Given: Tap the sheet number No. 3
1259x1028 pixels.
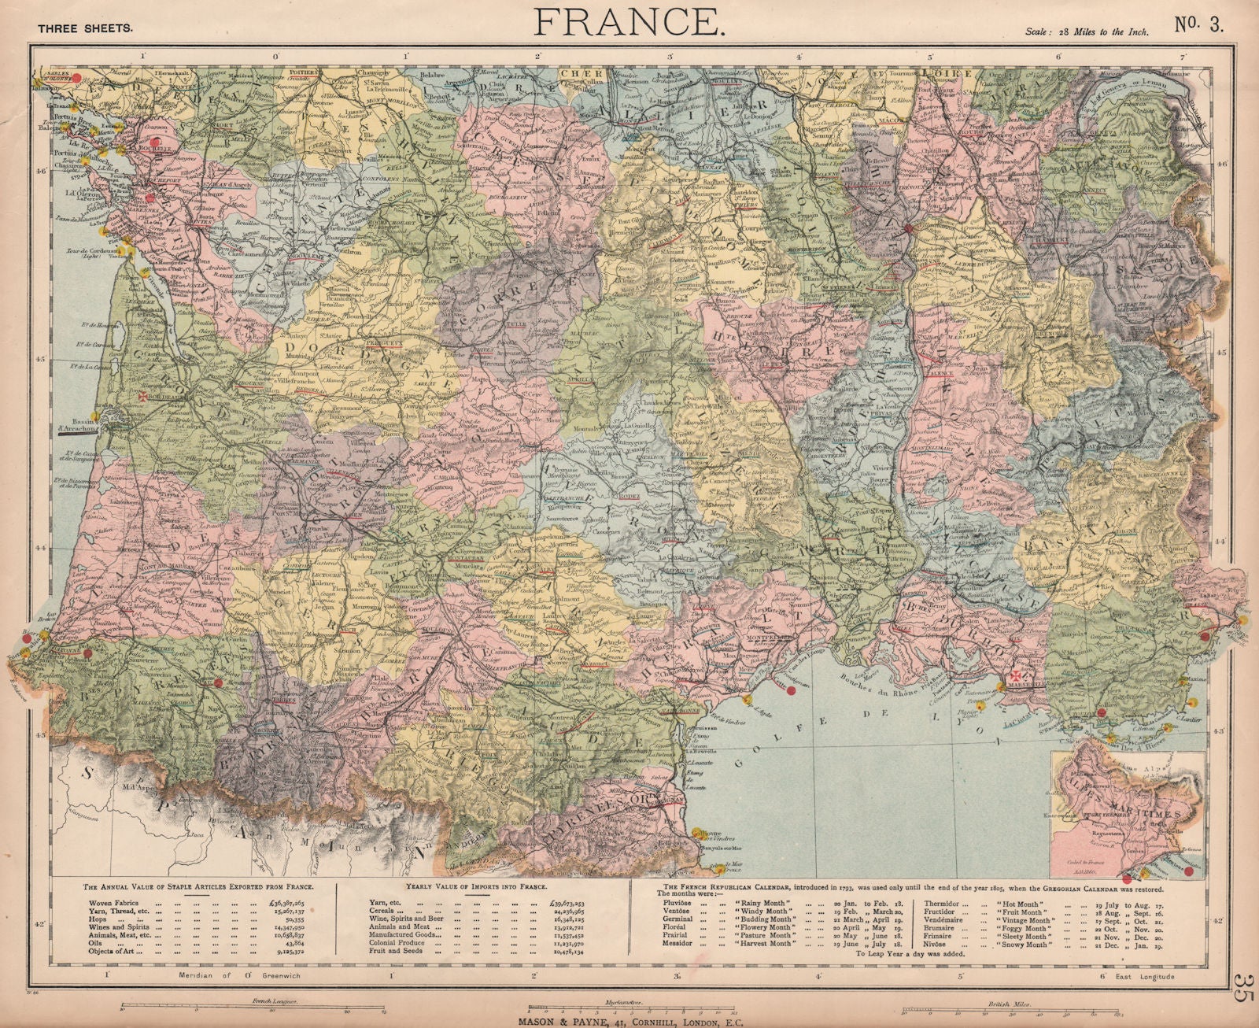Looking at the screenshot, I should [x=1199, y=24].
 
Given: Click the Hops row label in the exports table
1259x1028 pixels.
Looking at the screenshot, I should [x=98, y=919].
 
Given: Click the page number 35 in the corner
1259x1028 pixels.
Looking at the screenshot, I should [x=1243, y=990].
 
